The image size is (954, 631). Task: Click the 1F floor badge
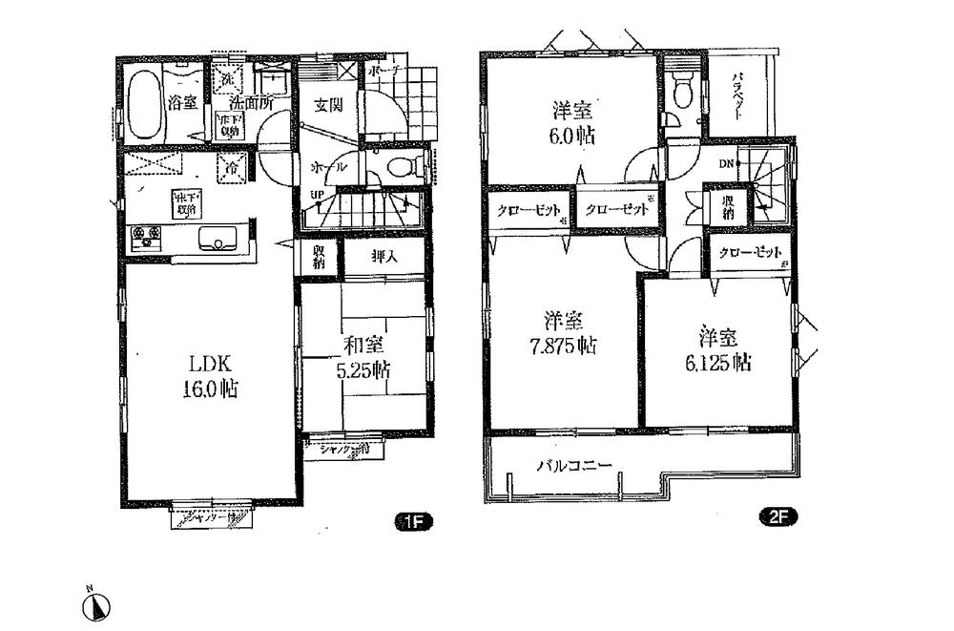point(414,521)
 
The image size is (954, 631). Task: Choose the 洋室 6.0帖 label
point(571,120)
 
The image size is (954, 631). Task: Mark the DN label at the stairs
point(725,163)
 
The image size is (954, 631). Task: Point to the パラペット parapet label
point(739,95)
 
